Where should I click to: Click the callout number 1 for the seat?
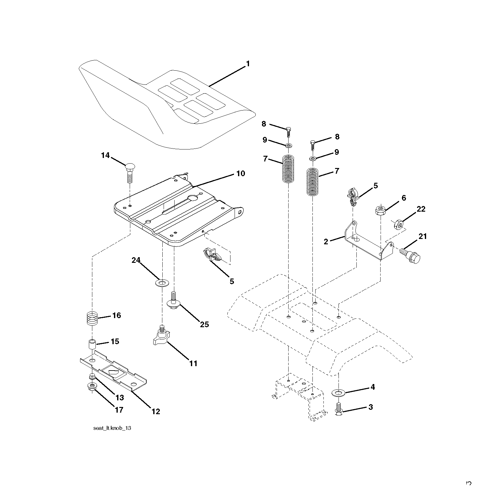point(248,64)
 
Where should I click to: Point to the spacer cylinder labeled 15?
point(92,344)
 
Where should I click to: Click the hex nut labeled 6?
point(380,209)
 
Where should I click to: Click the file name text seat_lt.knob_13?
point(112,428)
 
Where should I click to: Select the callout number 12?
point(156,411)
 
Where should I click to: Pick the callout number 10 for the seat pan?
point(241,174)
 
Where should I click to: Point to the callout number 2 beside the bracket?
point(326,241)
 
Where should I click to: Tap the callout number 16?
point(116,315)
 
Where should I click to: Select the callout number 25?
point(204,324)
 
